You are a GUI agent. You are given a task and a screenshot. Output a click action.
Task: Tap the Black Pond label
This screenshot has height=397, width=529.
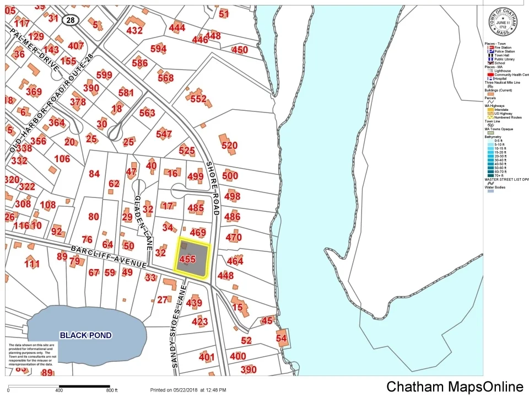click(x=85, y=335)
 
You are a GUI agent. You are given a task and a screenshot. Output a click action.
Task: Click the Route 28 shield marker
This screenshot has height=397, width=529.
click(x=70, y=20)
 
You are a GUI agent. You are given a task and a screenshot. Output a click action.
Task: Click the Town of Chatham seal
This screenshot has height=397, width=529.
click(x=504, y=23)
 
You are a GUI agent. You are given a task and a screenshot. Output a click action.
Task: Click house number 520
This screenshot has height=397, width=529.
click(x=229, y=146)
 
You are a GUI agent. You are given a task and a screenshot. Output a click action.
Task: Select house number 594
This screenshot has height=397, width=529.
click(x=158, y=49)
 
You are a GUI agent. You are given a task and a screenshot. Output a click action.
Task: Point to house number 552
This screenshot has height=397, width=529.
click(x=198, y=99)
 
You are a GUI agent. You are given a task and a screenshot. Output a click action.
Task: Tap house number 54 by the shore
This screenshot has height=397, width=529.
click(x=282, y=339)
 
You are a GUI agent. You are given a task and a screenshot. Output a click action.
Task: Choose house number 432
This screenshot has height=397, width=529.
click(x=134, y=30)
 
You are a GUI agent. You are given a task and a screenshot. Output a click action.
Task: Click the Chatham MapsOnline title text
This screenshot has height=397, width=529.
click(x=455, y=387)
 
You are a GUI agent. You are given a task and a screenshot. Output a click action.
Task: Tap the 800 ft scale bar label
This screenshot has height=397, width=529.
click(x=111, y=390)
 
